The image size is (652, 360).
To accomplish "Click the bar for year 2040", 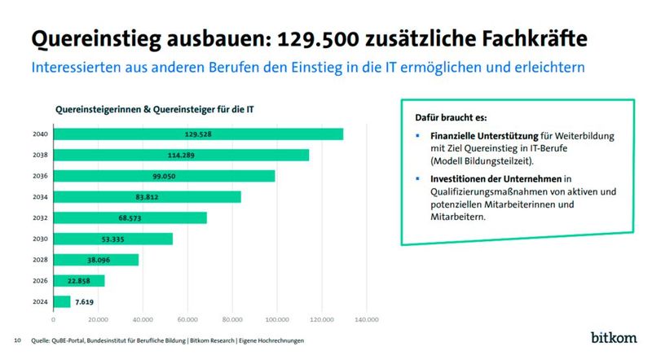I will (x=198, y=134).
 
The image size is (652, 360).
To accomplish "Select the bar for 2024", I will (x=62, y=301).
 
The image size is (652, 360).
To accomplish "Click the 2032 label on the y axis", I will (x=40, y=218).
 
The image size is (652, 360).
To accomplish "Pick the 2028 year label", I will (x=40, y=260).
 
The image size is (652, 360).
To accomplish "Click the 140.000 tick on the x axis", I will (x=367, y=318).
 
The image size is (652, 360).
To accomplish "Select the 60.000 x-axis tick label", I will (x=187, y=318).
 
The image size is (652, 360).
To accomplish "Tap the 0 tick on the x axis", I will (x=54, y=318).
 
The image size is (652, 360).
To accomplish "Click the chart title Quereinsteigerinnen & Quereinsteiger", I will (x=142, y=110).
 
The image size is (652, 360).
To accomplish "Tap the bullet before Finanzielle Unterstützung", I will (x=417, y=135).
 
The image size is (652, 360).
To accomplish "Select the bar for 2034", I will (x=148, y=197).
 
